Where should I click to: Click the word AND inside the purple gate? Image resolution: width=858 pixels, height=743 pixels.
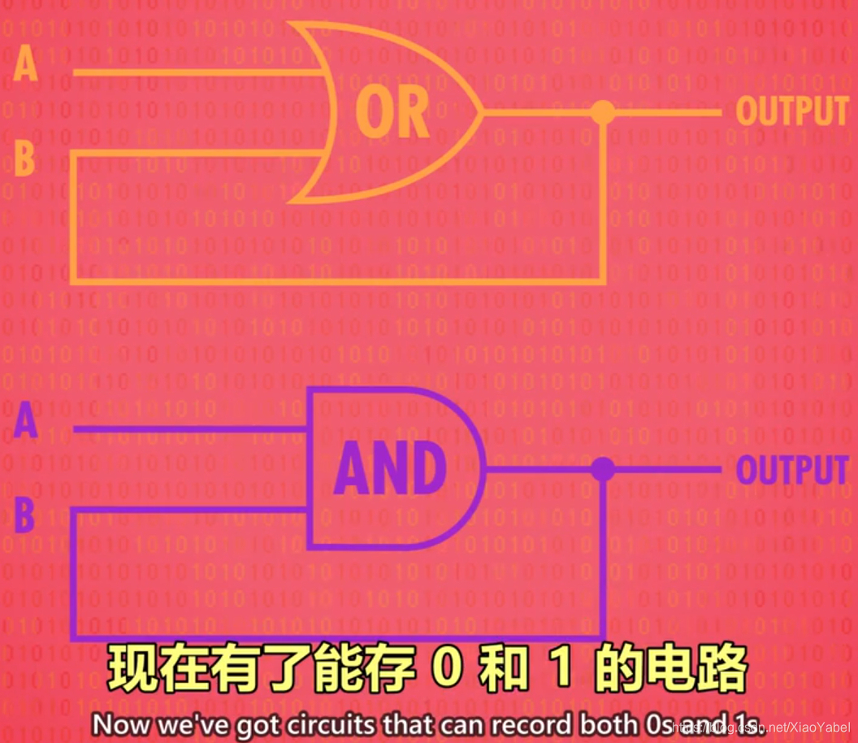click(391, 470)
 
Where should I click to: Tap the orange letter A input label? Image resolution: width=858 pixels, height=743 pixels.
click(26, 64)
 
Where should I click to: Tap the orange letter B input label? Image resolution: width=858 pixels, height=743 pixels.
click(25, 159)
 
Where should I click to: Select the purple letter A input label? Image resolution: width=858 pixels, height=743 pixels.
click(26, 423)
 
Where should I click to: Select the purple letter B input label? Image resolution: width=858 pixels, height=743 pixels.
click(25, 517)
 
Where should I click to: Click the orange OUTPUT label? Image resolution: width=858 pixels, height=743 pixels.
click(791, 111)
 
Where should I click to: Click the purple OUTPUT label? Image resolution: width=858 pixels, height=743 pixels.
click(791, 470)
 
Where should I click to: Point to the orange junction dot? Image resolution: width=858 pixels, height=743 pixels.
click(602, 112)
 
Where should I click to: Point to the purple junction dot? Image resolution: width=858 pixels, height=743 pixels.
click(602, 469)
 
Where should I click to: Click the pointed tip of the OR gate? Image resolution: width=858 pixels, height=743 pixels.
click(482, 112)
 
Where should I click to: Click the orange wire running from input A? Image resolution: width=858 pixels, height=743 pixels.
click(195, 72)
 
